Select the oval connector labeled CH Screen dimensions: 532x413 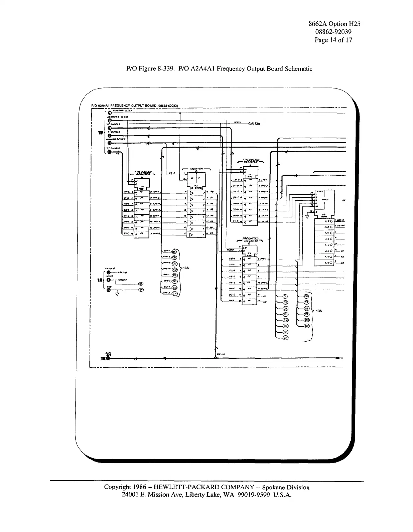[174, 293]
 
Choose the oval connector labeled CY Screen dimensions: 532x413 [141, 290]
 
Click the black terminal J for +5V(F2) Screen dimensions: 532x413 [108, 272]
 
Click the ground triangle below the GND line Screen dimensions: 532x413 [117, 294]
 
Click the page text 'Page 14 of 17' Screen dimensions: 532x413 [333, 40]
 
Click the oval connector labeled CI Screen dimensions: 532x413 [285, 297]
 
